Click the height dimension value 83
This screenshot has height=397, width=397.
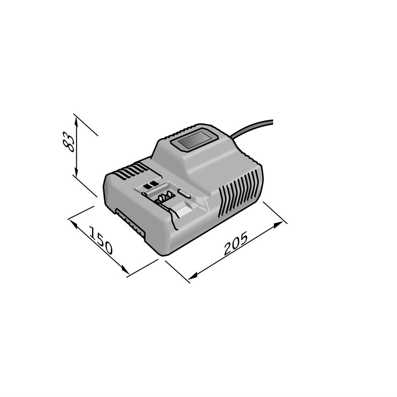pos(68,142)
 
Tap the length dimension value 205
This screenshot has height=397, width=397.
pos(235,244)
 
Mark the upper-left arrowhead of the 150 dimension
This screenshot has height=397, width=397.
pos(73,224)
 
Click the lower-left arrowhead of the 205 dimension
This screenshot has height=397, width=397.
pos(193,276)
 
